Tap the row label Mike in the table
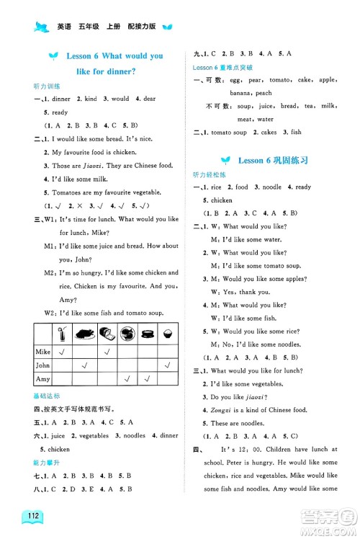pyautogui.click(x=42, y=352)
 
